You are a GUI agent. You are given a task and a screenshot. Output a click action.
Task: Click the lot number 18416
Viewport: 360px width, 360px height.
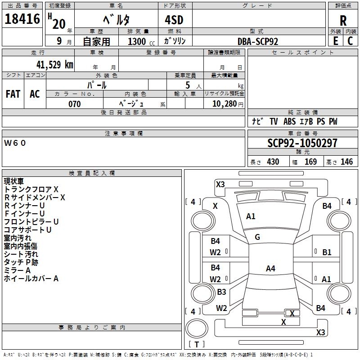pos(22,19)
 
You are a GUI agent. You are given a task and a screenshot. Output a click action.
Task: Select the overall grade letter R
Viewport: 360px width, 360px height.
pos(343,21)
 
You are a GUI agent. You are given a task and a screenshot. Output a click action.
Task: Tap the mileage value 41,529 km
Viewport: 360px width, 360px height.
pos(55,65)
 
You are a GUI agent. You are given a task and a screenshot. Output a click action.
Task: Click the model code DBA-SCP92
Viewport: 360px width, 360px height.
pos(258,41)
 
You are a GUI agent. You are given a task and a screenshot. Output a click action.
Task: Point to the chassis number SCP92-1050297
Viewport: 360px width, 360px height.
pos(302,143)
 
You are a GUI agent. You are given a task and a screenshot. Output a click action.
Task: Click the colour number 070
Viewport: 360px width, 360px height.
pos(75,104)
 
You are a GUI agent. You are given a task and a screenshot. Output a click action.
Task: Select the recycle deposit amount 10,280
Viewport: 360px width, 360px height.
pos(225,104)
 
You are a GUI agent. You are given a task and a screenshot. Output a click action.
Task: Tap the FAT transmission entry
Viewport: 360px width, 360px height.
pos(13,94)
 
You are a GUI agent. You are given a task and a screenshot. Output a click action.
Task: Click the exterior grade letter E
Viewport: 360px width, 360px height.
pos(336,41)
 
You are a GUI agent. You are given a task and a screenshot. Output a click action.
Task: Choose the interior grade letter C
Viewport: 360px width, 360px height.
pos(350,41)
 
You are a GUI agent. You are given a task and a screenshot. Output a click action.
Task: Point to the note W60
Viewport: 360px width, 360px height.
pos(15,143)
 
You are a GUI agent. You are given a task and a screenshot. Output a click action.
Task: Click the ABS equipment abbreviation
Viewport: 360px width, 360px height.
pos(289,121)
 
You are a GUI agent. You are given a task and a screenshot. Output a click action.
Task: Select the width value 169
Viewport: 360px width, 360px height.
pos(310,162)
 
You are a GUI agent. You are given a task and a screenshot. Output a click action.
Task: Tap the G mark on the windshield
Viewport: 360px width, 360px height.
pos(257,237)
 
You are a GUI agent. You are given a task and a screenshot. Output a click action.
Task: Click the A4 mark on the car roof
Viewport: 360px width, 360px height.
pos(270,268)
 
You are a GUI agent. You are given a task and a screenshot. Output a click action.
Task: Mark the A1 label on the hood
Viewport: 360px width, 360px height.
pos(251,216)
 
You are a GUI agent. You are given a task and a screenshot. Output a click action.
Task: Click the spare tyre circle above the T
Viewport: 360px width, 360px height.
pos(197,328)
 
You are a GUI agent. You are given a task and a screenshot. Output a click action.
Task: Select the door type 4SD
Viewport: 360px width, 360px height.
pos(174,20)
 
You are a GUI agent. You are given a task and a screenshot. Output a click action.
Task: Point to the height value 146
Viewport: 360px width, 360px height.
pos(346,162)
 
